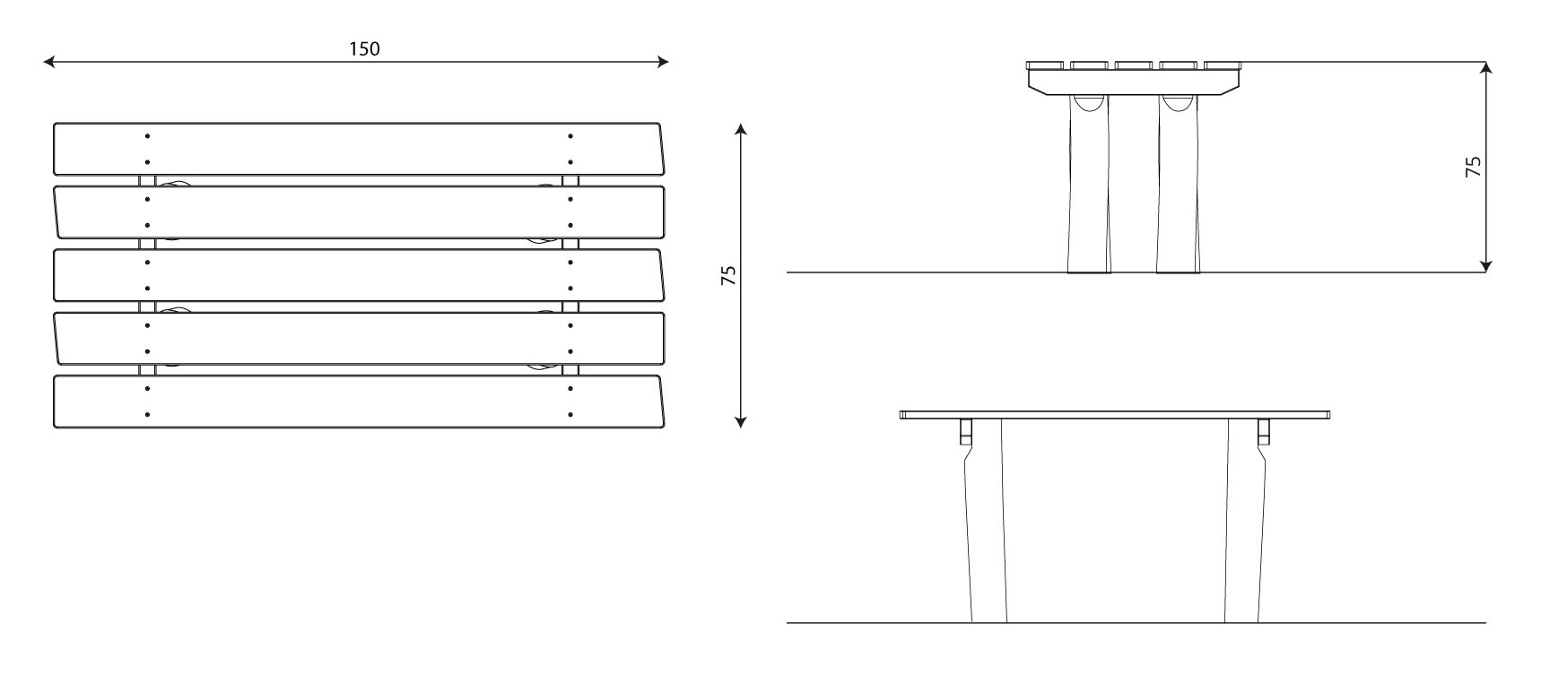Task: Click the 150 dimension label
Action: point(364,48)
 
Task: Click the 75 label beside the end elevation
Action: point(1473,167)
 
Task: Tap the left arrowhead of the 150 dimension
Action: point(50,62)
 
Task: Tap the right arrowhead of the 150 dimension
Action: point(662,62)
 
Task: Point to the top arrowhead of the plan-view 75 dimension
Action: point(741,130)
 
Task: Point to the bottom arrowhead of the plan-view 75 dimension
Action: point(741,420)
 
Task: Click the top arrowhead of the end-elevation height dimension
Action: point(1486,69)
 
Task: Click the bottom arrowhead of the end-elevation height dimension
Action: point(1486,264)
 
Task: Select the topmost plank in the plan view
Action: point(358,149)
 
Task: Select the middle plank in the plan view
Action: point(358,275)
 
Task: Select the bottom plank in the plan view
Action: point(358,401)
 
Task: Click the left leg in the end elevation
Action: point(1089,183)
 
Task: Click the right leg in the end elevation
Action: point(1178,183)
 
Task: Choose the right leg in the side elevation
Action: point(1243,520)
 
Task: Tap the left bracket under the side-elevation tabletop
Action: point(965,431)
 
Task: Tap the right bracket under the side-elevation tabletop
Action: point(1264,431)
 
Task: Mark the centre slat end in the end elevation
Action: point(1134,65)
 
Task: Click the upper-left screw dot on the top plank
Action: point(147,136)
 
